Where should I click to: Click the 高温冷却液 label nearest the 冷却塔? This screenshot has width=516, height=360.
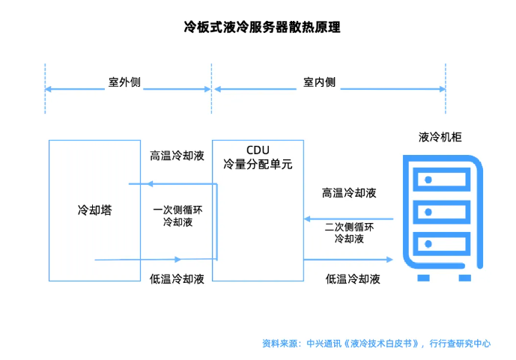[177, 156]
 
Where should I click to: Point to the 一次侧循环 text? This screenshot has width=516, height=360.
[177, 210]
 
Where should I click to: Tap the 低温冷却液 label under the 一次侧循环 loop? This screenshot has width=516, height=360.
[177, 279]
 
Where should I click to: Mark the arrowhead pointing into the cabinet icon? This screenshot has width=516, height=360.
[389, 260]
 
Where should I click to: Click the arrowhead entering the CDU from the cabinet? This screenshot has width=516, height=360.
[307, 219]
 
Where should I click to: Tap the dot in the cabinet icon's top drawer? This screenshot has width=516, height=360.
[428, 180]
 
